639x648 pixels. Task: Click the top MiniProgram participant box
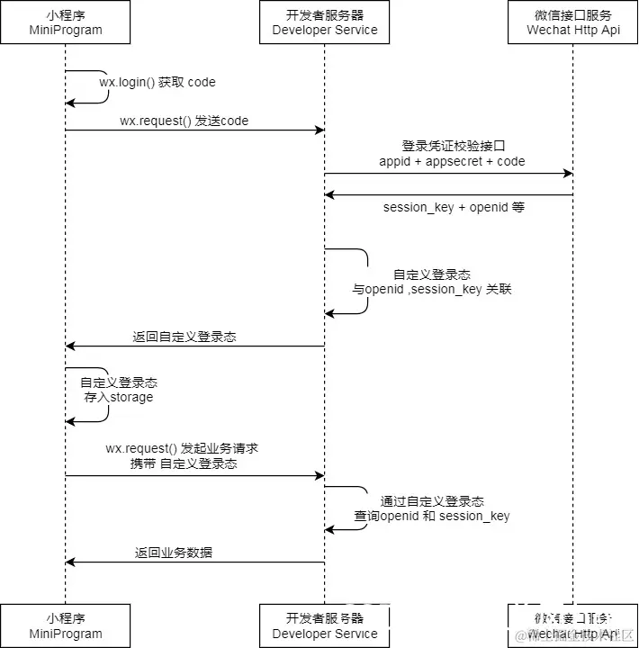pos(65,22)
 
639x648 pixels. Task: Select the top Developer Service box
pos(325,22)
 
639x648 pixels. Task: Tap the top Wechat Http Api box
pos(573,22)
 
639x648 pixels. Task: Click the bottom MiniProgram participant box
pos(65,625)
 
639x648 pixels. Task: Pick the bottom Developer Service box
pos(325,625)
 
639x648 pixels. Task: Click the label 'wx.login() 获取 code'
pos(157,82)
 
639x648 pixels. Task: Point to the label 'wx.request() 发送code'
pos(184,120)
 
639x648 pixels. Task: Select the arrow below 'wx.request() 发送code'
pos(194,130)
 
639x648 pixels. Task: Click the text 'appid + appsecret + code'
pos(452,161)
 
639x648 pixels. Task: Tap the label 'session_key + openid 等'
pos(454,207)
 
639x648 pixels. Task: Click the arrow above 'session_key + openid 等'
pos(449,194)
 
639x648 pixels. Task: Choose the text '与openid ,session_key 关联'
pos(432,290)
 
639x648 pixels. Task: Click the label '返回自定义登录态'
pos(184,337)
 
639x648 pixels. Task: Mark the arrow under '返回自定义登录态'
pos(194,346)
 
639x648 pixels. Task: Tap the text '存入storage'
pos(119,397)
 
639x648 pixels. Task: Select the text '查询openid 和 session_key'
pos(432,516)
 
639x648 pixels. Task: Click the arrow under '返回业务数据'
pos(194,562)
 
